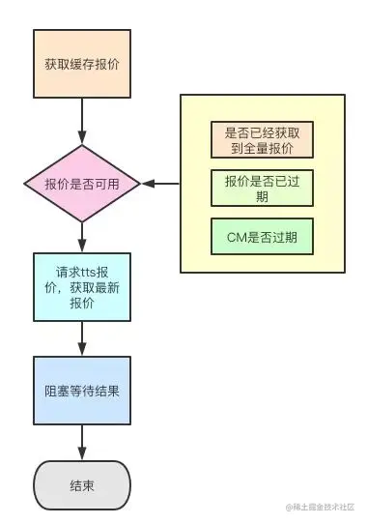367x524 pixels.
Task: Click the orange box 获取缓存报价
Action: click(x=82, y=64)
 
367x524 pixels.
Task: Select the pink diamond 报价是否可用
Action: click(x=82, y=183)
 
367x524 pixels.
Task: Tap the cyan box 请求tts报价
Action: click(x=82, y=286)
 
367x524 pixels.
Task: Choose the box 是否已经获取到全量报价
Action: click(x=262, y=142)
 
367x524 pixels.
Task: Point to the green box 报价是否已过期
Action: click(x=262, y=189)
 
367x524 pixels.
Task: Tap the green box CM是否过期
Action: click(x=262, y=237)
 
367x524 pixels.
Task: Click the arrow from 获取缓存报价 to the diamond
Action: click(x=82, y=121)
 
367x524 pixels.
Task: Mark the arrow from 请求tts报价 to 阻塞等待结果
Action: click(x=82, y=337)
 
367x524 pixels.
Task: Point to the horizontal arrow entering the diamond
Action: click(x=160, y=183)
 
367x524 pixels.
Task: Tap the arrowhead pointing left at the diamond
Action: click(x=147, y=183)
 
